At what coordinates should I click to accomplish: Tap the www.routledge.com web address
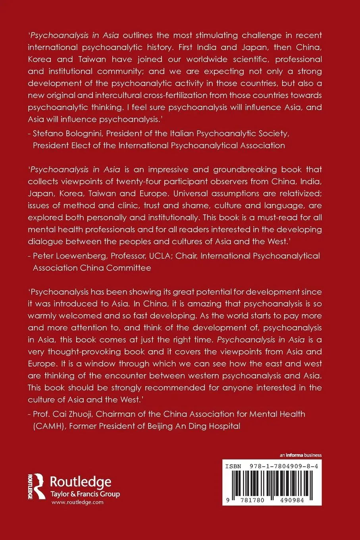pyautogui.click(x=77, y=502)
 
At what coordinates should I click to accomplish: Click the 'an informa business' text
pyautogui.click(x=300, y=455)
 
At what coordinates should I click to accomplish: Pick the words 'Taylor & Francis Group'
pyautogui.click(x=85, y=494)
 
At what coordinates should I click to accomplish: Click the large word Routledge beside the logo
pyautogui.click(x=80, y=482)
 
